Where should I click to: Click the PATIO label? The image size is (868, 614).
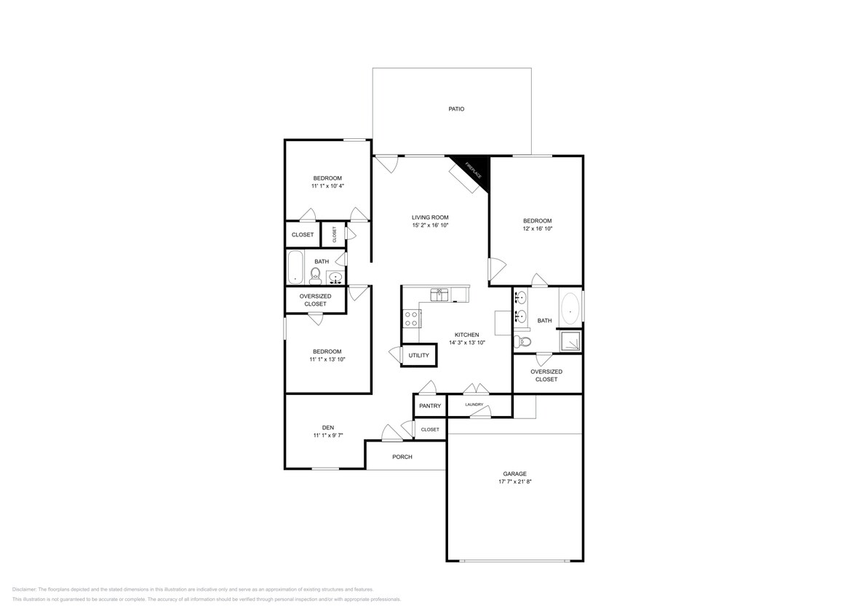tap(455, 109)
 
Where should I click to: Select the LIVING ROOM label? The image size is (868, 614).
tap(430, 217)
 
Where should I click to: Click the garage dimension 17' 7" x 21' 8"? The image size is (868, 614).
tap(514, 482)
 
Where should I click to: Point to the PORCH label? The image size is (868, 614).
tap(402, 457)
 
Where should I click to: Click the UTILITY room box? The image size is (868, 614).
tap(419, 355)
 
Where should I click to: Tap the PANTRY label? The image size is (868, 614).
tap(430, 406)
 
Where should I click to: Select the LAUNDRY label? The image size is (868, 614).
tap(474, 404)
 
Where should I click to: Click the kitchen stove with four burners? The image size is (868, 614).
tap(411, 317)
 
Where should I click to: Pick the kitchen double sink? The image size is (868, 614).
tap(440, 295)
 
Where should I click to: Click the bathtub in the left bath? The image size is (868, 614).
tap(295, 267)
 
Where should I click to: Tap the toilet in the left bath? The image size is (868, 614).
tap(316, 274)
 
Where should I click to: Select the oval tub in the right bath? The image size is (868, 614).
tap(570, 308)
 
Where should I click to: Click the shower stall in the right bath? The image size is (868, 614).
tap(570, 339)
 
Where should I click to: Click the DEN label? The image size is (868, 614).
tap(328, 427)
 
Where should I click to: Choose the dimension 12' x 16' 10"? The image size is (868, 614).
tap(537, 228)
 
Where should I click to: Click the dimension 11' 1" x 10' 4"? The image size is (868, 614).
tap(327, 186)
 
